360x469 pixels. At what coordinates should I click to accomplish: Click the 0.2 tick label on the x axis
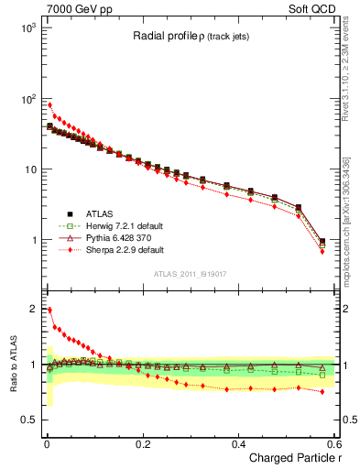(x=142, y=444)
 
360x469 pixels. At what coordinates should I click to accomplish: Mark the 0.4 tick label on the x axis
(x=238, y=444)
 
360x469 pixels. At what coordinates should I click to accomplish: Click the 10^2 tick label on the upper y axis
(x=28, y=99)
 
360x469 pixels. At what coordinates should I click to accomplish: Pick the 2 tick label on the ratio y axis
(x=35, y=309)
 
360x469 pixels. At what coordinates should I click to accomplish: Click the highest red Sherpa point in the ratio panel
(x=49, y=310)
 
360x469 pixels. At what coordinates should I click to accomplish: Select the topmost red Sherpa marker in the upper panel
(x=49, y=104)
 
